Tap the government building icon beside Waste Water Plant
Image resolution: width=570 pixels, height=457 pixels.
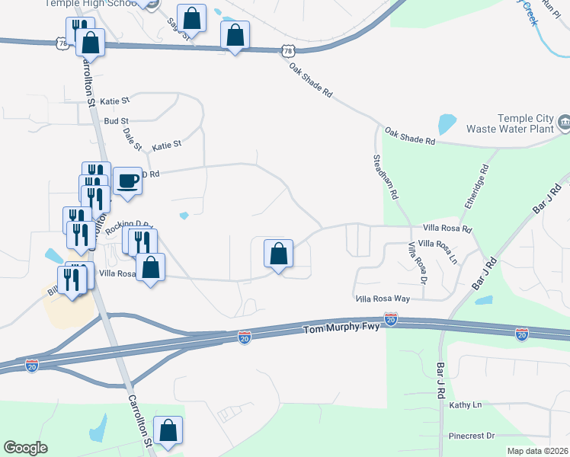tap(564, 122)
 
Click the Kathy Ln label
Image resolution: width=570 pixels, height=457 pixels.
tap(466, 405)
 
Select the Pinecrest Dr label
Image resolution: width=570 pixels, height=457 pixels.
tap(472, 436)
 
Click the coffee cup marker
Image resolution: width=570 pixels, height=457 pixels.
tap(127, 181)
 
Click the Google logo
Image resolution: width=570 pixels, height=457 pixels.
tap(26, 448)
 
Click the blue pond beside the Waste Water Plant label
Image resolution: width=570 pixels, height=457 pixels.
tap(447, 124)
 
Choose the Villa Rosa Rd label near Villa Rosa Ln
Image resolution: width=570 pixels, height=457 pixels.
tap(447, 229)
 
